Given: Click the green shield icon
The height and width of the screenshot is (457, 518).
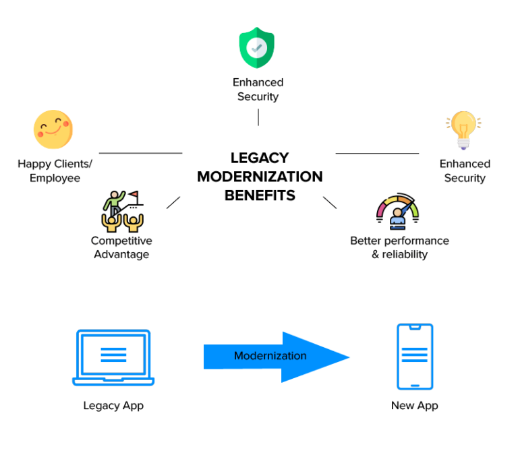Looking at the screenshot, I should pyautogui.click(x=258, y=48).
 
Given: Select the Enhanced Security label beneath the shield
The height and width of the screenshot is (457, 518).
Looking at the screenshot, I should pyautogui.click(x=258, y=90).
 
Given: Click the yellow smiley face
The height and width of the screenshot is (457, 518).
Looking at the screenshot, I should pyautogui.click(x=53, y=129).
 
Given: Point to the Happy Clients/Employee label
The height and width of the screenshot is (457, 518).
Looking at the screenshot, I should pyautogui.click(x=55, y=171).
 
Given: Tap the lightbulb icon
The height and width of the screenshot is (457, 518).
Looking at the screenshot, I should pyautogui.click(x=463, y=130).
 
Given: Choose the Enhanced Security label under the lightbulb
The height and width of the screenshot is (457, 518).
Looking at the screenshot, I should pyautogui.click(x=465, y=171).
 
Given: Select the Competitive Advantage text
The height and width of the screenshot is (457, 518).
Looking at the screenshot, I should pyautogui.click(x=121, y=247).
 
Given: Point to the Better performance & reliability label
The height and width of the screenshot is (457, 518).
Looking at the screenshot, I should pyautogui.click(x=399, y=247).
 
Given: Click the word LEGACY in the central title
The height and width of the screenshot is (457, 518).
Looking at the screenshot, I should pyautogui.click(x=260, y=158).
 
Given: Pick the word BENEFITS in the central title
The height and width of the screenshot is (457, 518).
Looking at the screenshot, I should pyautogui.click(x=260, y=195).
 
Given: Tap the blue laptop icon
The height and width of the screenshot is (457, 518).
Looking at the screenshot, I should pyautogui.click(x=113, y=358).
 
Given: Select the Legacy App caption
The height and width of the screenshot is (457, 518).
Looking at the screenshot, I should pyautogui.click(x=113, y=406).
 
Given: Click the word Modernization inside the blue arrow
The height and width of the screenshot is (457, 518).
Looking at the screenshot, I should pyautogui.click(x=270, y=356).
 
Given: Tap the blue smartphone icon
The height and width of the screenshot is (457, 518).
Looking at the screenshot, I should pyautogui.click(x=414, y=357).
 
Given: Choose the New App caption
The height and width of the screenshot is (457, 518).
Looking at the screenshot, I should pyautogui.click(x=414, y=406).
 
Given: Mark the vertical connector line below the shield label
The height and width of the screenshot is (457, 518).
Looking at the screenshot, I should pyautogui.click(x=258, y=117).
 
